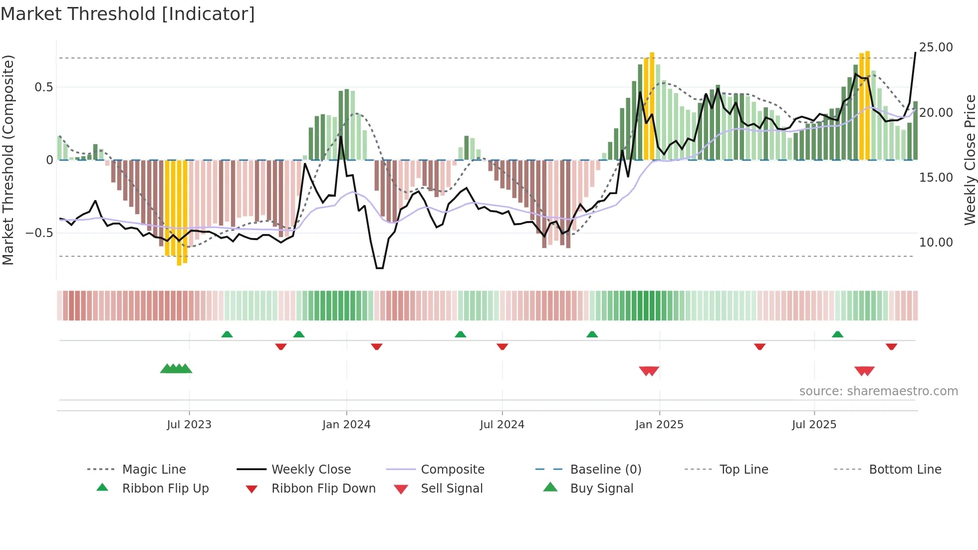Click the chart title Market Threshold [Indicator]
point(128,14)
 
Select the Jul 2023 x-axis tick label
point(189,425)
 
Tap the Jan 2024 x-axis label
point(346,425)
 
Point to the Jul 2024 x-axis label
point(502,425)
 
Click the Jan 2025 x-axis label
point(659,425)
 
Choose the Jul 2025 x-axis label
point(814,425)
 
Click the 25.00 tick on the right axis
point(936,47)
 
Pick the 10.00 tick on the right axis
point(936,243)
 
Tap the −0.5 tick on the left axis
point(39,233)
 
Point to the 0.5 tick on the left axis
point(43,87)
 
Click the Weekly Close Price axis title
point(970,160)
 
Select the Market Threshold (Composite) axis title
point(8,160)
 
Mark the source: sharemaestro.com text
point(878,391)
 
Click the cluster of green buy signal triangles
point(176,369)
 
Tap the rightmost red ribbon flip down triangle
point(891,346)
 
